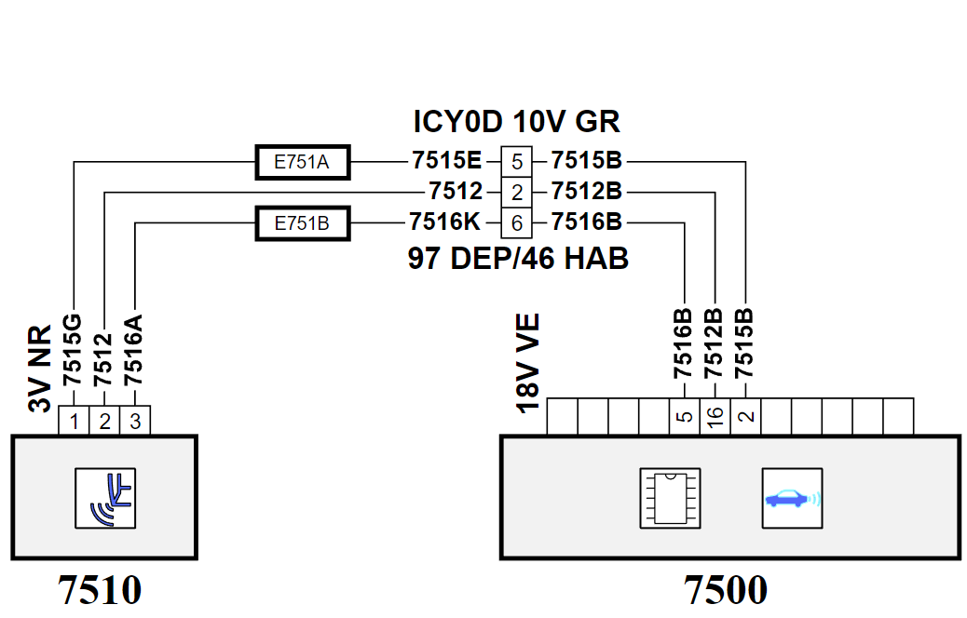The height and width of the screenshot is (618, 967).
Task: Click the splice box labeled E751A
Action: (x=303, y=162)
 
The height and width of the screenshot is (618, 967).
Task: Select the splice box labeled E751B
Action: (x=303, y=223)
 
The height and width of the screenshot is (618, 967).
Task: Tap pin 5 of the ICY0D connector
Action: (x=516, y=162)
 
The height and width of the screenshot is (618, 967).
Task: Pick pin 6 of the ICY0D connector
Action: (x=516, y=223)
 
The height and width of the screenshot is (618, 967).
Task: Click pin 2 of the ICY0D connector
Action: (x=516, y=193)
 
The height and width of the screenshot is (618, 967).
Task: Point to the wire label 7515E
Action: (x=446, y=160)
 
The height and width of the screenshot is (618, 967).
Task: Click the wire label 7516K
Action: (x=444, y=222)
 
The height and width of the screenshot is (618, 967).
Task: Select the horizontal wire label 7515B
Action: (x=587, y=160)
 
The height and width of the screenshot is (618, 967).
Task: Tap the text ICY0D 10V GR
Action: (x=516, y=121)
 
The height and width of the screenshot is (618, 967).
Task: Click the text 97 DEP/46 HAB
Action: (x=518, y=258)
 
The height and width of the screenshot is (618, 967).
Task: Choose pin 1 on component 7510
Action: (x=74, y=421)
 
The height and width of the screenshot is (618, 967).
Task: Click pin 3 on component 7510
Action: (x=135, y=421)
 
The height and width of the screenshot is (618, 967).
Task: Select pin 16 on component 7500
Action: (x=715, y=417)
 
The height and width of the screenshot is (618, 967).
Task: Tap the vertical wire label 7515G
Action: (x=72, y=350)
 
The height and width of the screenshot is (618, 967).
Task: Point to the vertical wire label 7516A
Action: (x=133, y=350)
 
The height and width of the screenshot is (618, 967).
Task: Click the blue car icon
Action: (x=792, y=498)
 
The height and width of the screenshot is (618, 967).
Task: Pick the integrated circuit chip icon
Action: (x=670, y=498)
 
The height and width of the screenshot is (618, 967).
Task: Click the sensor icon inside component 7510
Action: (x=105, y=498)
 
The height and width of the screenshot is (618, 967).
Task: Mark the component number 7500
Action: (x=726, y=590)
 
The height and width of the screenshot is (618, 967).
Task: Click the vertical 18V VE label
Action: (x=528, y=362)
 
